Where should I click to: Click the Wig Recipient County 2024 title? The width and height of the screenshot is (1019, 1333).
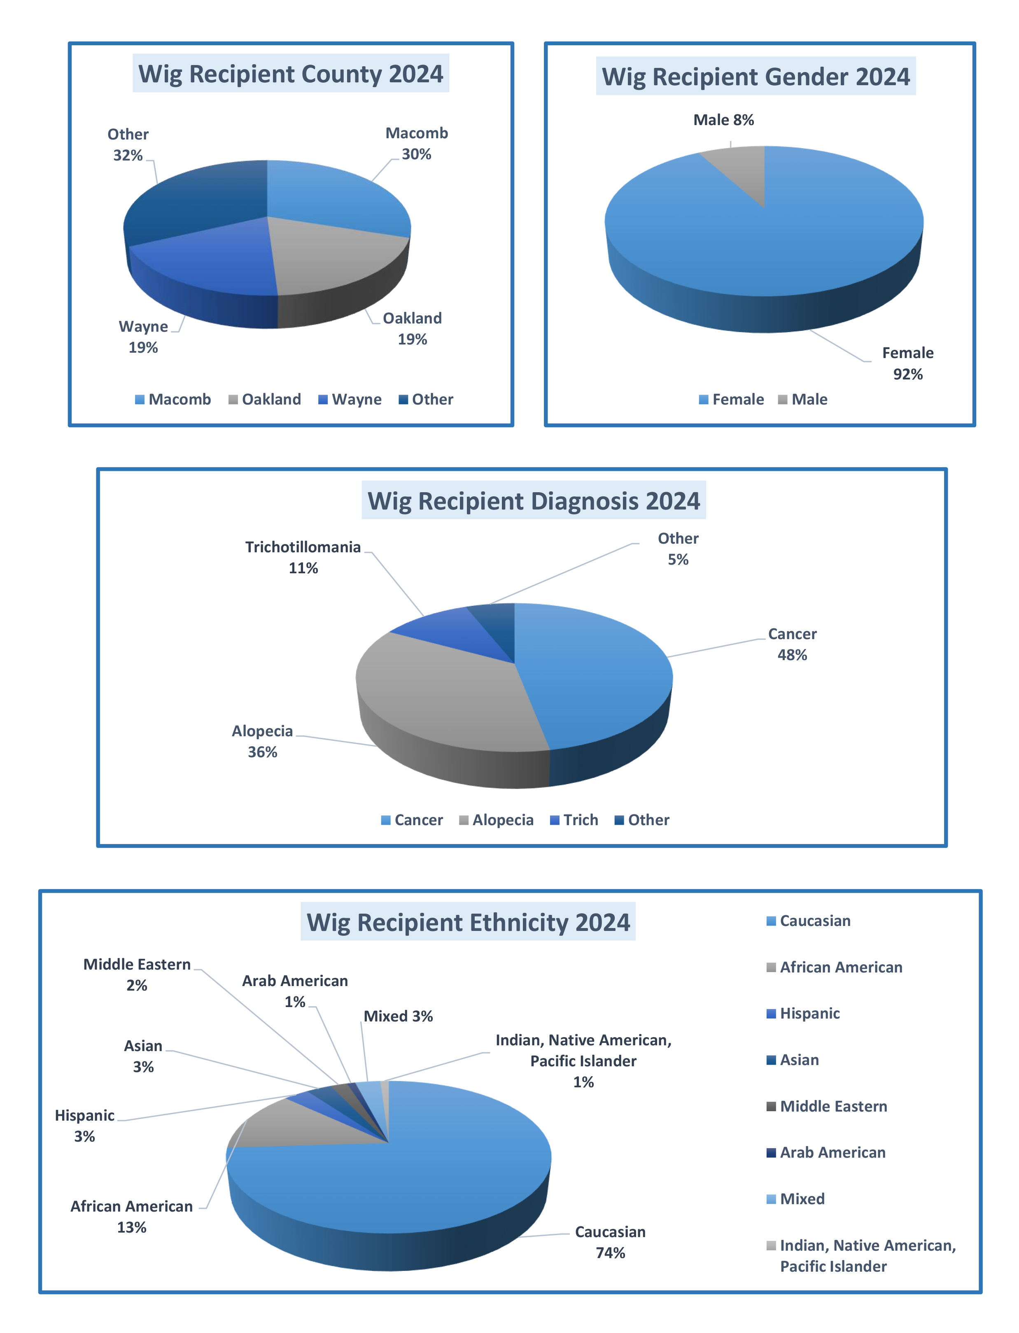(291, 74)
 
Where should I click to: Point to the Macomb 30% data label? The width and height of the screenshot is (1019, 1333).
(417, 144)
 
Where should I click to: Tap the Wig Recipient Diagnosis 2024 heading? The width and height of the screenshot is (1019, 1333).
(534, 501)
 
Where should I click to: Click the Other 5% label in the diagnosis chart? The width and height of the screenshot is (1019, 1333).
(678, 549)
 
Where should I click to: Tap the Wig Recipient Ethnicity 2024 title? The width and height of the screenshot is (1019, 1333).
(468, 922)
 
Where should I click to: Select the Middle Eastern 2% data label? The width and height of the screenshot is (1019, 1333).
(137, 975)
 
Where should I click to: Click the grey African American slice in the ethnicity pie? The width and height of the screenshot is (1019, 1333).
(285, 1128)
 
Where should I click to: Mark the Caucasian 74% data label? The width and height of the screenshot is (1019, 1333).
(610, 1242)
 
